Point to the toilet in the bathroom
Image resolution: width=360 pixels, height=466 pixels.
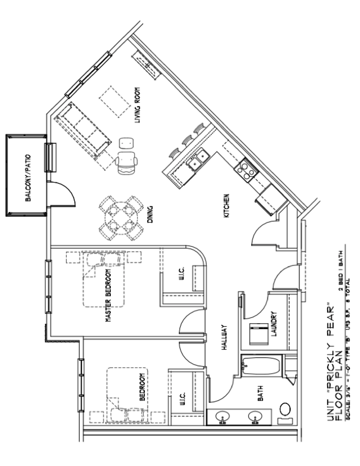click(x=285, y=412)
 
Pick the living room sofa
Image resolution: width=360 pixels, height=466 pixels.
click(x=82, y=129)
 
